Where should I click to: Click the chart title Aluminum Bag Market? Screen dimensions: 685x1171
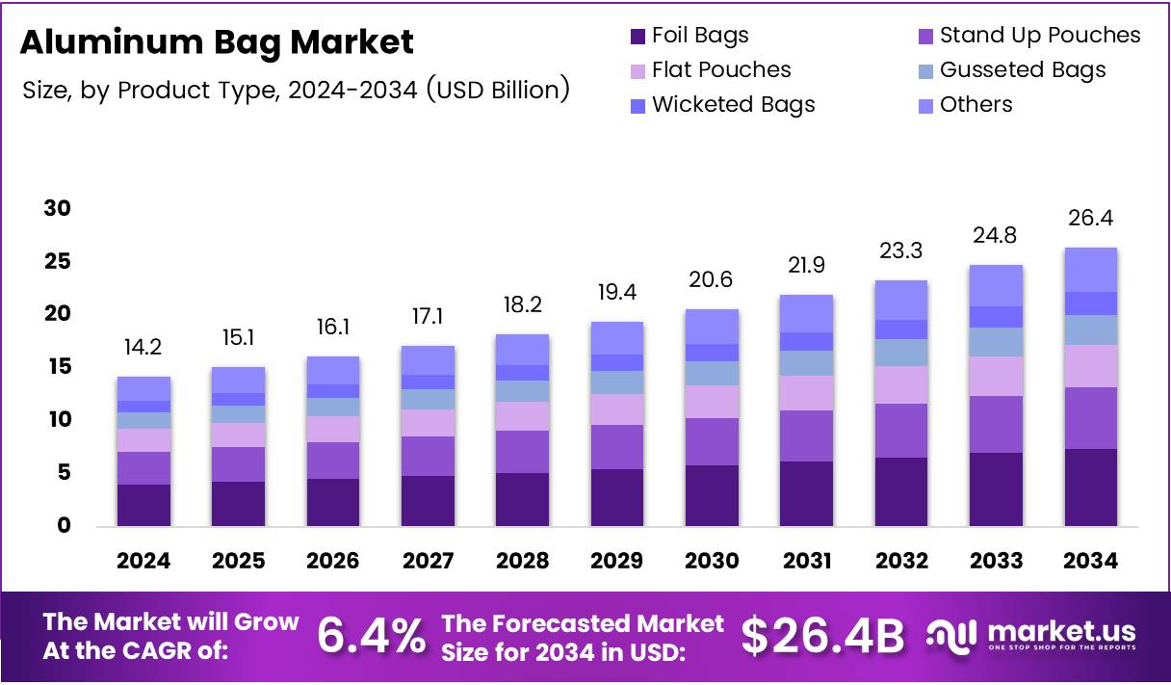[217, 42]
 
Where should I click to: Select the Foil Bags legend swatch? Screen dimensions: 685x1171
[638, 37]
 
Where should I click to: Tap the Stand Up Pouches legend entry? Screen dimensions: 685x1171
[1039, 36]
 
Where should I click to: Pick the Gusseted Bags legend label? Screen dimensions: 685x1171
[1022, 70]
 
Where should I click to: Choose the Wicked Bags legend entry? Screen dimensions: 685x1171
[733, 105]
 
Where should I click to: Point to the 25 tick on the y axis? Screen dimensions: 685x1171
[58, 262]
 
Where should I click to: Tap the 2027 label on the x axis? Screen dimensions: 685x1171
[428, 561]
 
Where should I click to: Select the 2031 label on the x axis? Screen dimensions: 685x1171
[806, 561]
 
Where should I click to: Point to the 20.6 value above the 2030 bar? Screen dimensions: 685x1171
[712, 280]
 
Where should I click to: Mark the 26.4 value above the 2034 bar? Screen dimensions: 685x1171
[1090, 219]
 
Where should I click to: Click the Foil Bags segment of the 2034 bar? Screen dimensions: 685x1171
[1090, 487]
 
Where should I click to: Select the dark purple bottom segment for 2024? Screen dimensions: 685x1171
[143, 505]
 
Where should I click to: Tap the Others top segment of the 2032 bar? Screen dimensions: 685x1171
[900, 300]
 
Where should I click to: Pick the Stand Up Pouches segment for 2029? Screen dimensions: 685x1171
[617, 447]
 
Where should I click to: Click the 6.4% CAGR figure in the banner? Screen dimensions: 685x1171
[372, 636]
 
